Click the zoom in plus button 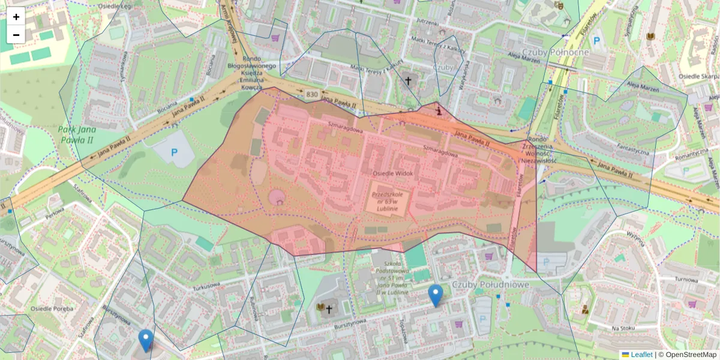coord(16,17)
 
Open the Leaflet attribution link coord(641,355)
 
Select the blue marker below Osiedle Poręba coord(145,340)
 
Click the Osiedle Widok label coord(393,173)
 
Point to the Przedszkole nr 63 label coord(390,203)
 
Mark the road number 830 coord(312,95)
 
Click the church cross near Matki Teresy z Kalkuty coord(409,80)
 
